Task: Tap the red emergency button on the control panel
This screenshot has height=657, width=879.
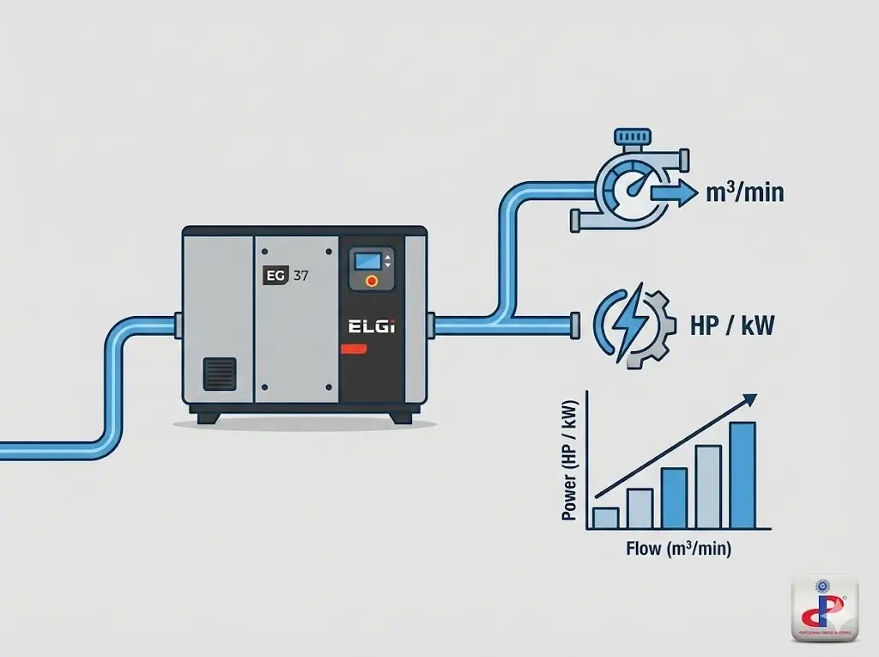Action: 371,280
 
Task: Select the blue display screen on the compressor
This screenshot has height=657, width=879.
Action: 367,259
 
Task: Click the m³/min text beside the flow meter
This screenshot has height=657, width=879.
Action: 743,192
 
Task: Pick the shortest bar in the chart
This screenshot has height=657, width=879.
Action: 606,517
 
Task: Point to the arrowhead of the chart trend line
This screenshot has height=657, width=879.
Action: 749,398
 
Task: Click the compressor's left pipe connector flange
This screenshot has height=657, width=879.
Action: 179,326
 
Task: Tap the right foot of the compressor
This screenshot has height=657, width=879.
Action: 401,417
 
